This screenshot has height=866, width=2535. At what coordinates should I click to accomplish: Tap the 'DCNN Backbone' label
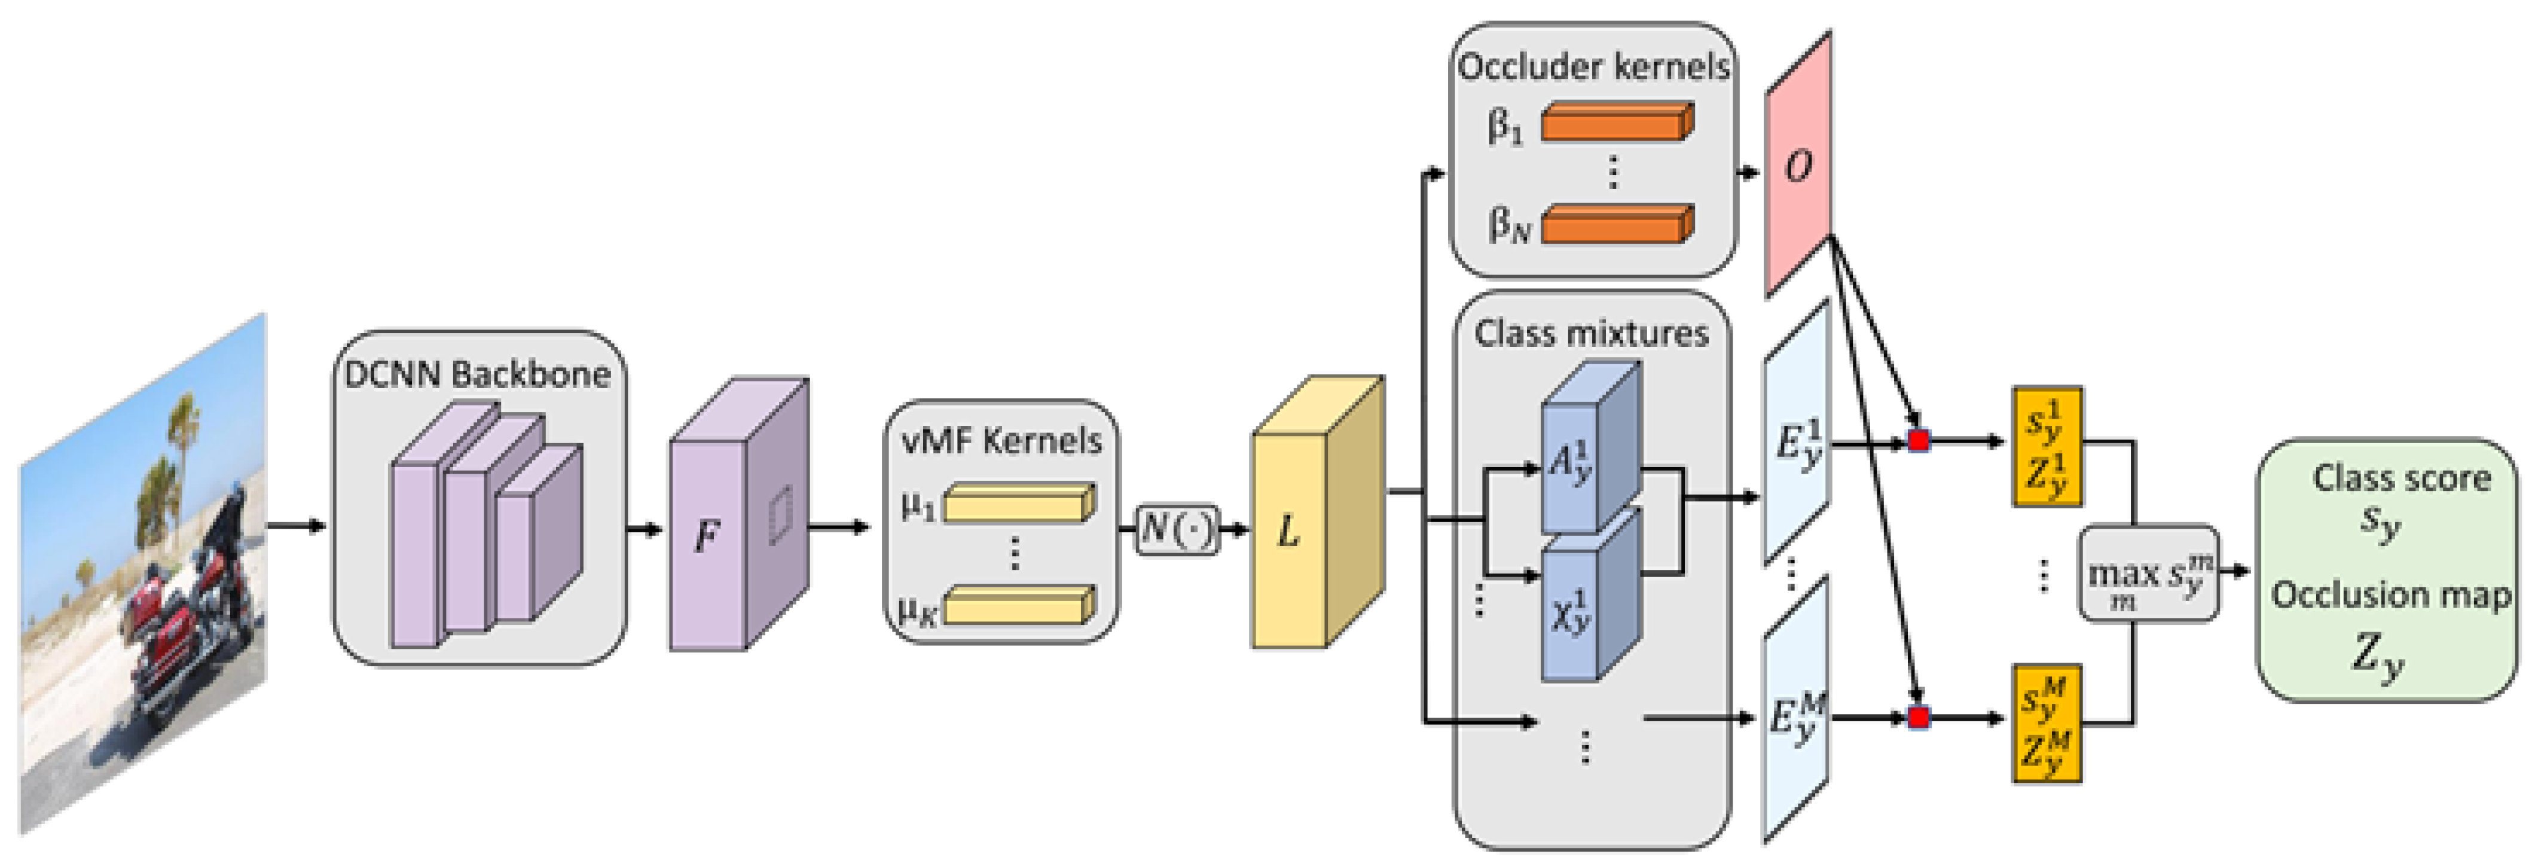pos(477,374)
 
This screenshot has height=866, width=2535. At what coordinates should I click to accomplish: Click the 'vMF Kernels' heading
pos(1001,440)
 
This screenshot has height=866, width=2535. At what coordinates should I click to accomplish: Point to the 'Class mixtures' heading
pos(1592,333)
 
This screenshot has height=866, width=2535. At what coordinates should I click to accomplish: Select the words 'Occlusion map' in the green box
pos(2389,594)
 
